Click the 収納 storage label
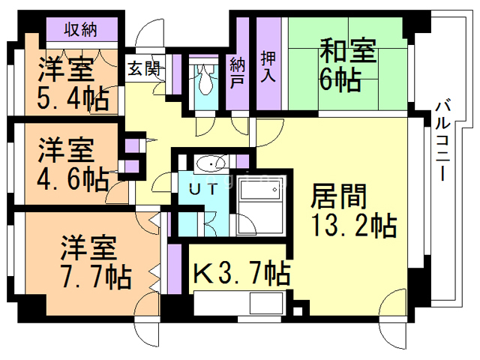click(80, 30)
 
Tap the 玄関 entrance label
click(142, 70)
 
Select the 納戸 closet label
click(238, 72)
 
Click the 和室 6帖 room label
click(349, 64)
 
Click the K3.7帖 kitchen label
click(241, 272)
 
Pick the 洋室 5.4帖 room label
click(71, 82)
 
